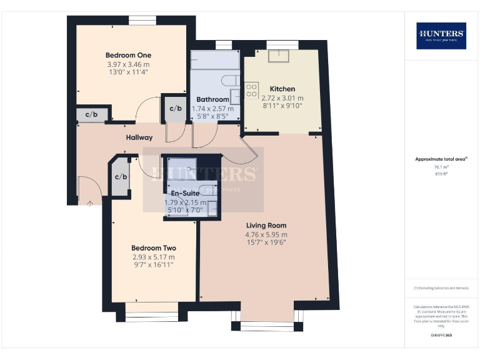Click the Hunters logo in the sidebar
pyautogui.click(x=441, y=36)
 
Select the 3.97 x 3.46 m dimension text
pyautogui.click(x=127, y=64)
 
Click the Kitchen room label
pyautogui.click(x=282, y=89)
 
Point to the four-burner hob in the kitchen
pyautogui.click(x=252, y=90)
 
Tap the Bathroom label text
pyautogui.click(x=212, y=99)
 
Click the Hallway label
pyautogui.click(x=139, y=137)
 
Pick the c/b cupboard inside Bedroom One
pyautogui.click(x=91, y=114)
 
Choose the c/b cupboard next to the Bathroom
pyautogui.click(x=175, y=108)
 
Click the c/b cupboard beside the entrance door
pyautogui.click(x=121, y=176)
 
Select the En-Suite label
pyautogui.click(x=185, y=193)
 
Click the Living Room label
pyautogui.click(x=266, y=225)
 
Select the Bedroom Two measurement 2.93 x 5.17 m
pyautogui.click(x=153, y=257)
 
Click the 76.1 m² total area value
pyautogui.click(x=441, y=167)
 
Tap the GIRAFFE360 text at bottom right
pyautogui.click(x=441, y=336)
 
